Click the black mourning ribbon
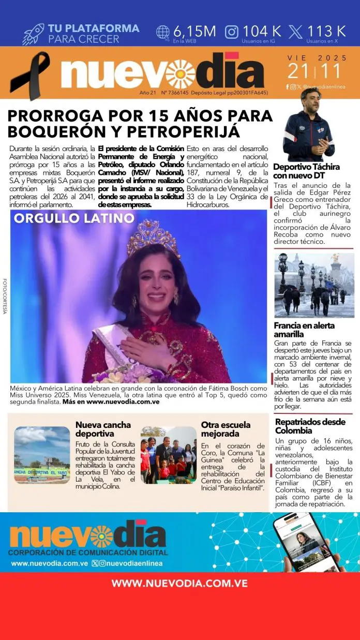click(30, 75)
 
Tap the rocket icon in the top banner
click(33, 34)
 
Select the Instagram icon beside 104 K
click(232, 32)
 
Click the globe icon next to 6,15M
click(163, 32)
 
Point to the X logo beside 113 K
click(295, 32)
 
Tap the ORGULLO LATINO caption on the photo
click(74, 218)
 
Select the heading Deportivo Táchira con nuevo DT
click(306, 171)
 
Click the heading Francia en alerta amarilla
click(304, 330)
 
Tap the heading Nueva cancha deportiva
click(103, 429)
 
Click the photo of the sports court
click(42, 455)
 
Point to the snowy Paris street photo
click(314, 285)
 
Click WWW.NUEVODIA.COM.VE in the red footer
click(179, 583)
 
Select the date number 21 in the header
click(298, 71)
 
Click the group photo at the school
click(168, 455)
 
